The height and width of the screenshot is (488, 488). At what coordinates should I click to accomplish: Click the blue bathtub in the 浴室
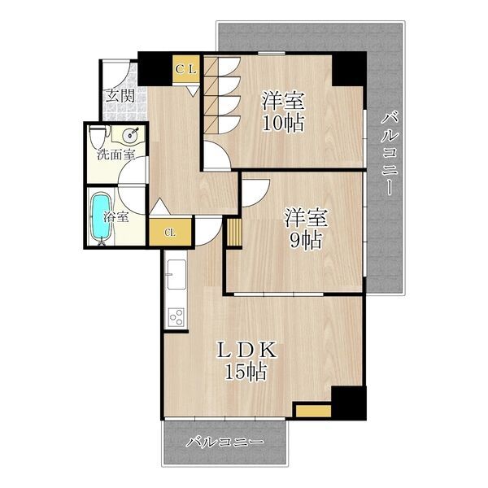101,218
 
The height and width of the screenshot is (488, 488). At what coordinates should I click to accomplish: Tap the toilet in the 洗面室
98,136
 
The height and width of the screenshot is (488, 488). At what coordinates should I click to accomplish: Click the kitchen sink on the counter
176,274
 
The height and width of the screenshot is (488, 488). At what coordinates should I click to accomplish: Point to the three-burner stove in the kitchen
176,317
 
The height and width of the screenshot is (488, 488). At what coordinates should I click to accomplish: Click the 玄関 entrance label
120,95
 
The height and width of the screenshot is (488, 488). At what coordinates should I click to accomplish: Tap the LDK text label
246,350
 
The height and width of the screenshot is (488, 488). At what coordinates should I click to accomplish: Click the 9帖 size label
305,240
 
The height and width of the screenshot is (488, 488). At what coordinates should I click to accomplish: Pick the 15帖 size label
246,372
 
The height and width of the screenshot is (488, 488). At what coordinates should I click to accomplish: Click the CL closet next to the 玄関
185,69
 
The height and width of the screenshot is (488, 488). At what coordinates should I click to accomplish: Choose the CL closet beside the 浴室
170,233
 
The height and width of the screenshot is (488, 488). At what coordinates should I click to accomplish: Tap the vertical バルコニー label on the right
390,155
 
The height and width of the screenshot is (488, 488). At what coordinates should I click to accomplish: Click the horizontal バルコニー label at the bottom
224,442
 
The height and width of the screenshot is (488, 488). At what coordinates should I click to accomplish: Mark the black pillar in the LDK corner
349,403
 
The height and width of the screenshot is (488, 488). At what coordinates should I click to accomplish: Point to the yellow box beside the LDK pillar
313,411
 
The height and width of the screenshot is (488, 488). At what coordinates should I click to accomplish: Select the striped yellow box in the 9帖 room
234,232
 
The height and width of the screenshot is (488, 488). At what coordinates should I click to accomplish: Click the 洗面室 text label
116,155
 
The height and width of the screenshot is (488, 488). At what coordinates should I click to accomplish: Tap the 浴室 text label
116,217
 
